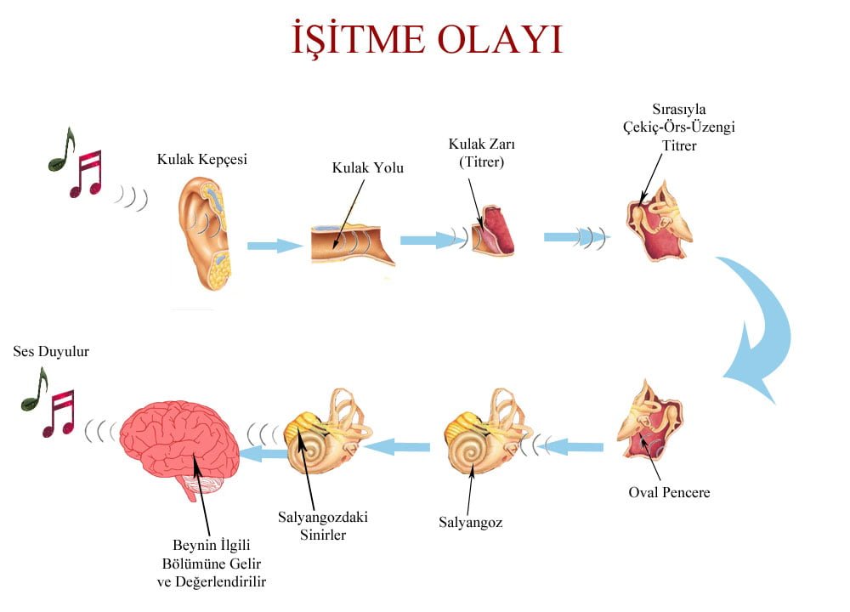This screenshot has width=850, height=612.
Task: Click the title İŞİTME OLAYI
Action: pyautogui.click(x=428, y=39)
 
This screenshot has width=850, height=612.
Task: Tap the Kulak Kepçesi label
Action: pyautogui.click(x=201, y=159)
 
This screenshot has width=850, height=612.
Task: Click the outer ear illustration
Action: pyautogui.click(x=206, y=233)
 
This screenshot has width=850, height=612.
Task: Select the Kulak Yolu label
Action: pyautogui.click(x=367, y=168)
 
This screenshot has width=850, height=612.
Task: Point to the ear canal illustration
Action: pyautogui.click(x=353, y=244)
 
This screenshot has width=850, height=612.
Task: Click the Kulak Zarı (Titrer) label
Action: pyautogui.click(x=481, y=153)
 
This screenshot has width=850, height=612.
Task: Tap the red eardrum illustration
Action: pyautogui.click(x=492, y=229)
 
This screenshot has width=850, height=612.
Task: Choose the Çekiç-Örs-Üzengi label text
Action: pyautogui.click(x=678, y=127)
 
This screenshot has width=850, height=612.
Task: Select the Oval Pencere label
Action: pyautogui.click(x=669, y=492)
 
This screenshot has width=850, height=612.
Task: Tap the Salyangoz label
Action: pyautogui.click(x=471, y=523)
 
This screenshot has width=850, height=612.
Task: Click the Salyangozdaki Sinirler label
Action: pyautogui.click(x=323, y=526)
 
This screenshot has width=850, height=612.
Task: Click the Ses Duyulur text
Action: pyautogui.click(x=51, y=351)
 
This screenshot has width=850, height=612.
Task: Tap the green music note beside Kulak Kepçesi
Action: pyautogui.click(x=61, y=150)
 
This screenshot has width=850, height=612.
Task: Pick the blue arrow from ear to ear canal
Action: pyautogui.click(x=275, y=246)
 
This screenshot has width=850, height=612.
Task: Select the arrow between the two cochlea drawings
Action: pyautogui.click(x=397, y=447)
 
